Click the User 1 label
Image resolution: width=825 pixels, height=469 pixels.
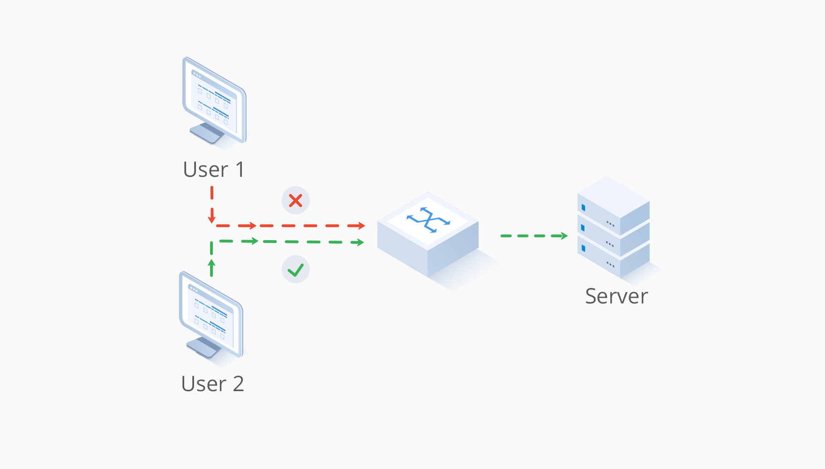214,170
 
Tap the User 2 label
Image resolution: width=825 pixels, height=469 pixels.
212,384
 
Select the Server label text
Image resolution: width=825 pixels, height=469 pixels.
616,296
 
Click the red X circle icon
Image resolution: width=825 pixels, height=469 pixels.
295,201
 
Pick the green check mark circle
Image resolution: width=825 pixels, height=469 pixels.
295,270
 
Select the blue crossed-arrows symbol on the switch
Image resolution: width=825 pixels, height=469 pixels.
428,219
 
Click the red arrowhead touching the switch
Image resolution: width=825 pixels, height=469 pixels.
361,226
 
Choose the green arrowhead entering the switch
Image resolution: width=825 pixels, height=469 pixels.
360,242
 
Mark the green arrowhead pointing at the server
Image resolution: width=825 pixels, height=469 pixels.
564,236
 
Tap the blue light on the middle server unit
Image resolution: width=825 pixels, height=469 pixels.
583,228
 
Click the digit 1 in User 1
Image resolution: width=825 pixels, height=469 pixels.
240,170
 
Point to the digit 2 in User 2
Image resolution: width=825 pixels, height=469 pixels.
238,384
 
